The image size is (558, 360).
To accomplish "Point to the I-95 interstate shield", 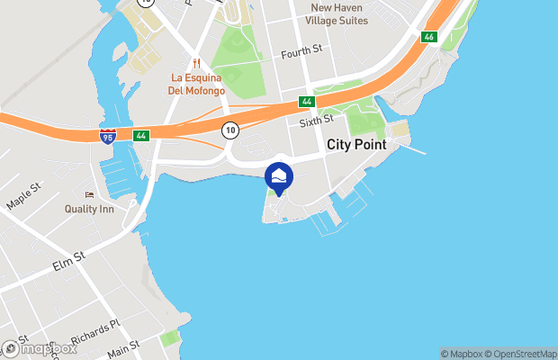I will coord(107,137).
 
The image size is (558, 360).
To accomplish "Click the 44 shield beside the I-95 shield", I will coord(140,136).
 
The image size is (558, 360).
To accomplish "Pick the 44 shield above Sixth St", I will coord(308,103).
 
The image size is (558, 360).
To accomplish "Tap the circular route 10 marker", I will coord(230,130).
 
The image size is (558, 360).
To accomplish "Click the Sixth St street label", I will coord(317,119).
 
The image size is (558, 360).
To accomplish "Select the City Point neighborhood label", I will coord(356,144).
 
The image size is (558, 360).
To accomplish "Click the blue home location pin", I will coord(279,178).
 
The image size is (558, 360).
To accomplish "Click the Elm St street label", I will coord(67,260).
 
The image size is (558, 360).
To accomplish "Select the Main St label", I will coord(122,346).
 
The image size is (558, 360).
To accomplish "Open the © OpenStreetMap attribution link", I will coord(521,354).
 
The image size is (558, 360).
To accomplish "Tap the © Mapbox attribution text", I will coord(462,354).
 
